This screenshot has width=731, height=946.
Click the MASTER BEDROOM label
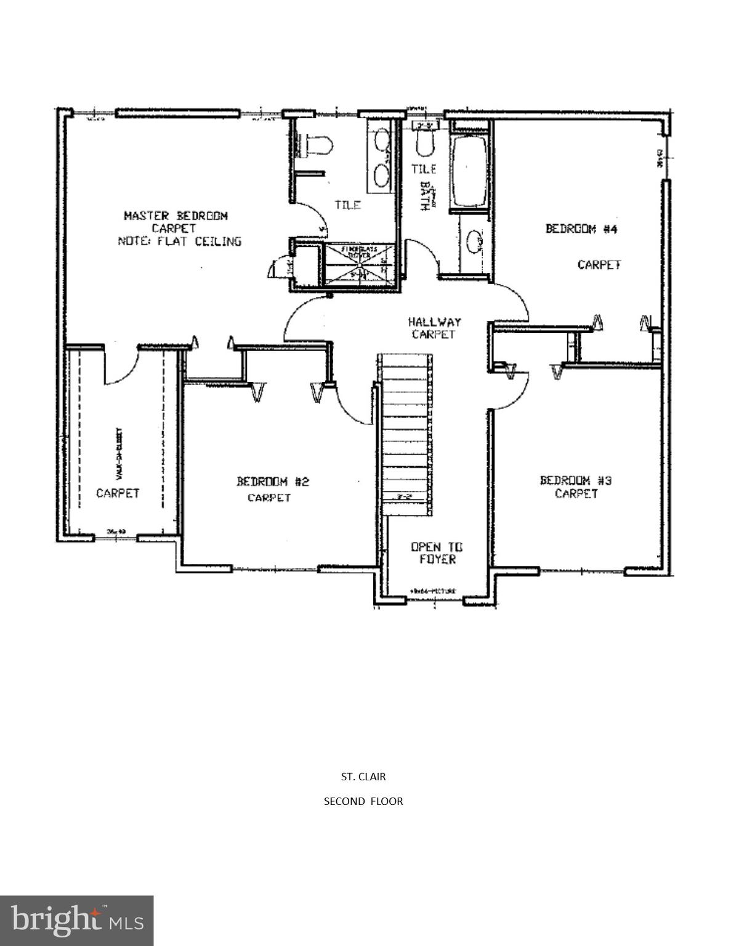176,216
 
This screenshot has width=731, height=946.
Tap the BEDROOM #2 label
272,481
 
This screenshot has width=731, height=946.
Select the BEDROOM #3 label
575,480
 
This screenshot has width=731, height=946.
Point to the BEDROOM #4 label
581,228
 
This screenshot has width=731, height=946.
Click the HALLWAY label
434,321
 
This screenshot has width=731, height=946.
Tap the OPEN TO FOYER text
437,553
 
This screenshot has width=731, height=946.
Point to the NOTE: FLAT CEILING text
179,241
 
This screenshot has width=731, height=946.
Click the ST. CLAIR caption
363,777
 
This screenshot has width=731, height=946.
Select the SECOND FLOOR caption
363,801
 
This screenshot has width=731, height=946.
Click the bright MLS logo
76,920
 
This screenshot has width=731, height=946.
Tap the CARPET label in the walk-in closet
118,493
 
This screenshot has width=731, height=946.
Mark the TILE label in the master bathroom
347,205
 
